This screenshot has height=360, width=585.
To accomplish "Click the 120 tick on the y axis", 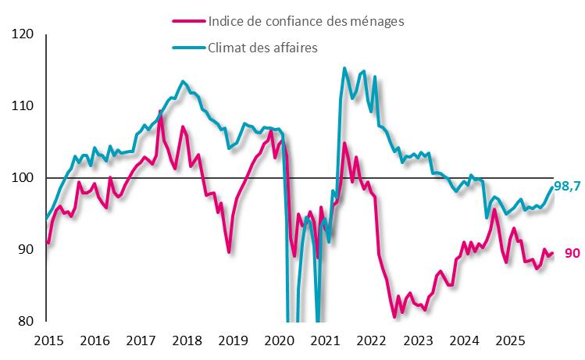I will point(23,34).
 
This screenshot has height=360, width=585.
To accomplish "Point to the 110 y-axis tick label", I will point(23,106).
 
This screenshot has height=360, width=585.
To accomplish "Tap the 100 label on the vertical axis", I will point(23,178).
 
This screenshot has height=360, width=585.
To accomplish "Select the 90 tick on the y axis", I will point(27,250).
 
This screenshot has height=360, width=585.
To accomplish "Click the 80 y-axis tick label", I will point(27,321).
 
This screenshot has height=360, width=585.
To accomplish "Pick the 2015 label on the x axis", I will point(48,340).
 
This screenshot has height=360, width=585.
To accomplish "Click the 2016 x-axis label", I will point(94,340).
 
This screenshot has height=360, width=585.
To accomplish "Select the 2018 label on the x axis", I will point(187,340).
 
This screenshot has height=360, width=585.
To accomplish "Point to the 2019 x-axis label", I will point(233,340).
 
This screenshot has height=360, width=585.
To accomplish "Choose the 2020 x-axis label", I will point(279,340).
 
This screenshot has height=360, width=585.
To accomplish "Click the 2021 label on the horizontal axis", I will point(325,340).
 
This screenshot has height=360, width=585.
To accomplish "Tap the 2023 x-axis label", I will point(418,340).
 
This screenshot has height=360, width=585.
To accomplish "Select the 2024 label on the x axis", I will point(464,340).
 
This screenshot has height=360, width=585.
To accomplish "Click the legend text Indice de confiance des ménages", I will point(306,22).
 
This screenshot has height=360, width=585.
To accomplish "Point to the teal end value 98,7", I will point(566,186).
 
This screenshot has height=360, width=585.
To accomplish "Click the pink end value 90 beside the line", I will point(573,253).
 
